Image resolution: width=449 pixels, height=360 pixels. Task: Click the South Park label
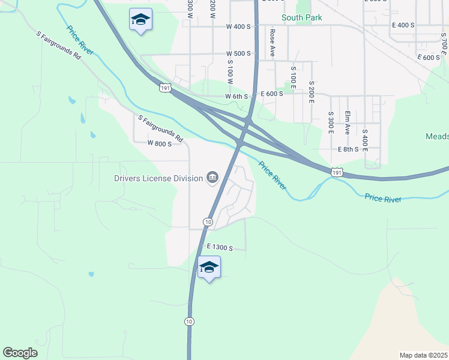(301, 17)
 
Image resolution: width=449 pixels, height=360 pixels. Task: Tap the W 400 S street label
(238, 27)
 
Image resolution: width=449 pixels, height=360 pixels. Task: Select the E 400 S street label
(403, 25)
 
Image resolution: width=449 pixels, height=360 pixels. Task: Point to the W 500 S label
(238, 53)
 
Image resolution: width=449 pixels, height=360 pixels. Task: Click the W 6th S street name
(237, 96)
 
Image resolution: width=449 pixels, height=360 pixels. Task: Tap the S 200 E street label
(312, 92)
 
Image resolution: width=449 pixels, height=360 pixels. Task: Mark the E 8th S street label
(348, 149)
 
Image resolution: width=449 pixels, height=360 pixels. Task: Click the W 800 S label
(160, 143)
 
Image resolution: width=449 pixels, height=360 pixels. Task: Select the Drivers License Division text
(158, 178)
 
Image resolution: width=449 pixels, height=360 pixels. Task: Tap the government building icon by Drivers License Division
(212, 177)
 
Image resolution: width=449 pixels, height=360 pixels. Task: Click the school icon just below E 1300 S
(209, 267)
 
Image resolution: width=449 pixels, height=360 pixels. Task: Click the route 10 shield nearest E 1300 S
(208, 222)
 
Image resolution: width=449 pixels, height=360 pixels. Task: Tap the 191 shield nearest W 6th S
(166, 88)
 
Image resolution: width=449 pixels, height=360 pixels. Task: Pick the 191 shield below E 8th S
(337, 172)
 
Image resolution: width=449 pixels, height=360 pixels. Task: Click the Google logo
(20, 353)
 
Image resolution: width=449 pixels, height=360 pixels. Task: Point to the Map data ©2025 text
(423, 355)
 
